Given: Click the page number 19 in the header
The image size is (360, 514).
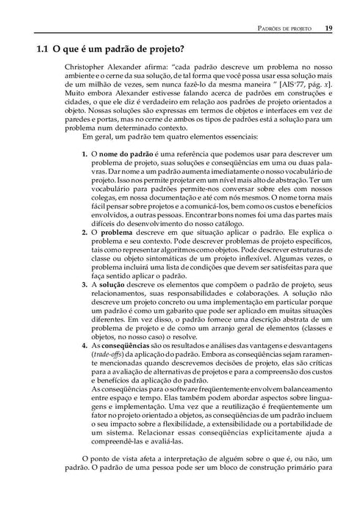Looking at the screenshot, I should pos(328,29).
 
